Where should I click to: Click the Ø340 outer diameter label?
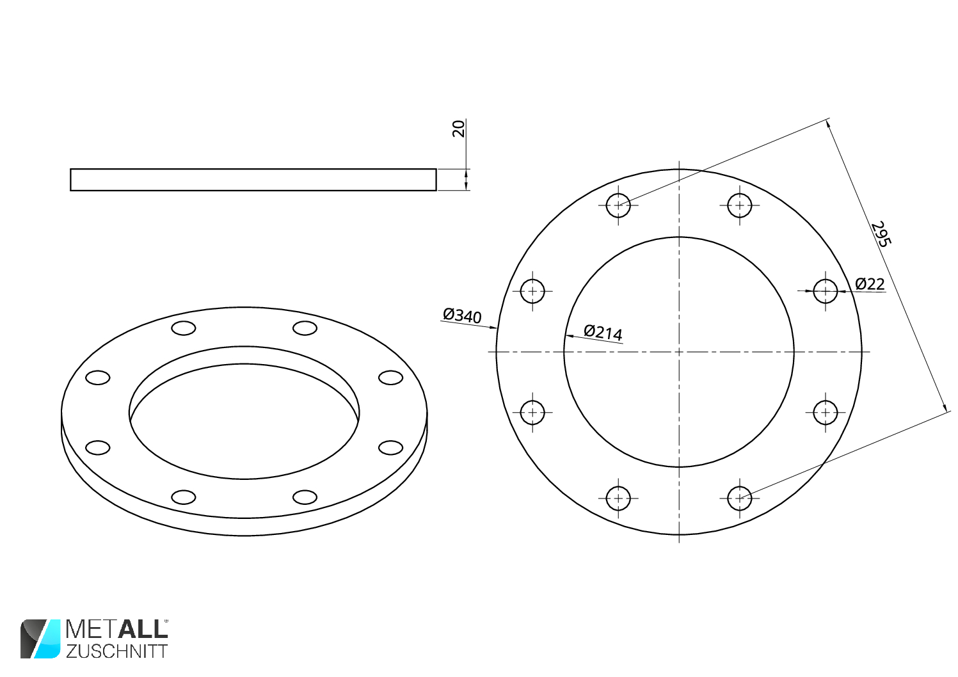tap(462, 315)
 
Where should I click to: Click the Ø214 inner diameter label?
tap(603, 333)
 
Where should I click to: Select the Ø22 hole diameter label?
tap(870, 283)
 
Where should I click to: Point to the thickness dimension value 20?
tap(458, 129)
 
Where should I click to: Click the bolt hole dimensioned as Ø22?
tap(825, 291)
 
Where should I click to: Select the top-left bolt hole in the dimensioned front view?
tap(618, 205)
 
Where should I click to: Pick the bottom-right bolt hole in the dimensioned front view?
tap(739, 498)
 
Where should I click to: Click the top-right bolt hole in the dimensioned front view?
tap(739, 205)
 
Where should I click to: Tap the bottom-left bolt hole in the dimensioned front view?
tap(618, 498)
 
